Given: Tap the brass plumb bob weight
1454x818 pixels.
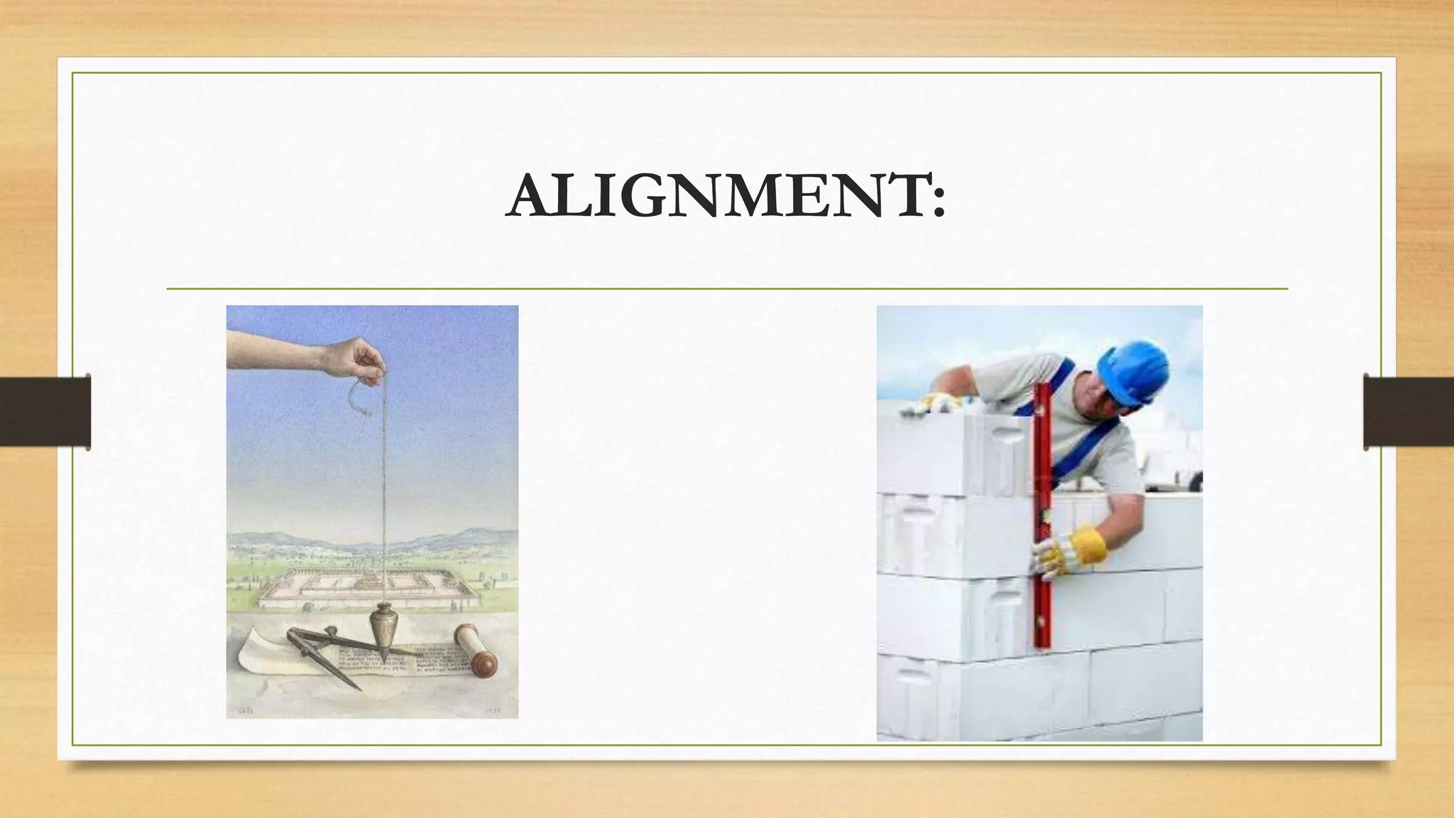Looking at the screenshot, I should pyautogui.click(x=383, y=625).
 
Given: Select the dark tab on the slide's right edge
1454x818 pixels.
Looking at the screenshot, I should pyautogui.click(x=1408, y=412).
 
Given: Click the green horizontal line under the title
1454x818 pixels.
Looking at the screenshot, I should pyautogui.click(x=727, y=289).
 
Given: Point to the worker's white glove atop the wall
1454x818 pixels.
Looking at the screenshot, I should pyautogui.click(x=941, y=402).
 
